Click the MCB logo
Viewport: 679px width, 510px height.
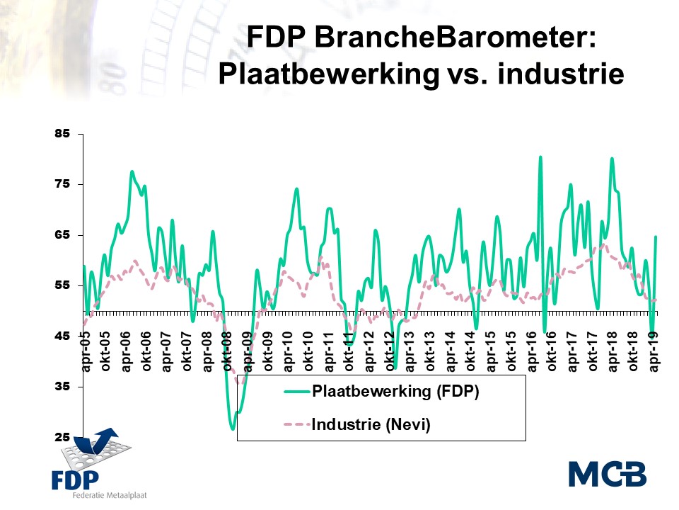(x=607, y=474)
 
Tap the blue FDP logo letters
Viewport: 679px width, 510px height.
(x=76, y=479)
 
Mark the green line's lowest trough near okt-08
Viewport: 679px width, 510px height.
(x=233, y=429)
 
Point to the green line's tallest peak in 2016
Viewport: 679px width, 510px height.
(x=540, y=157)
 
